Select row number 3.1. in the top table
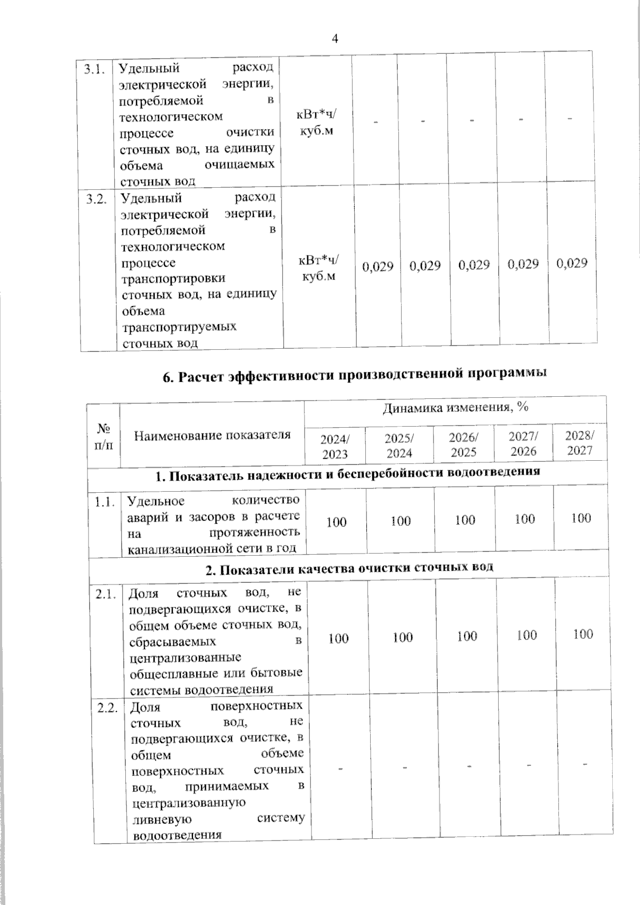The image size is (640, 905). [x=97, y=69]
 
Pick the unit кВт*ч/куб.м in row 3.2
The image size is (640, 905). [x=319, y=268]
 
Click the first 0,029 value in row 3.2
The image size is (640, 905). [x=378, y=266]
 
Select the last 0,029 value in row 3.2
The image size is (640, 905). [x=572, y=263]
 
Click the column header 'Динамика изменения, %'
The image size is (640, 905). [x=455, y=409]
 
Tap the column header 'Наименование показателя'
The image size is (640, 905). [x=212, y=435]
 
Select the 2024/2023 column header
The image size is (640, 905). [x=334, y=447]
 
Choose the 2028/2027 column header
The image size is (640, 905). [x=580, y=443]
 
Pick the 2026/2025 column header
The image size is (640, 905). [x=463, y=445]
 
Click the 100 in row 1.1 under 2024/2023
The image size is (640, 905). [x=336, y=522]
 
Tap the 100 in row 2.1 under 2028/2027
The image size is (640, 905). [x=583, y=634]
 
